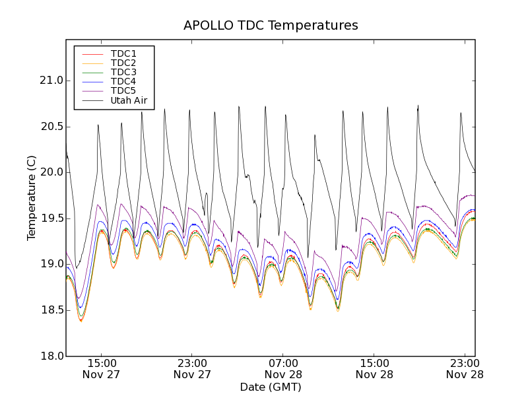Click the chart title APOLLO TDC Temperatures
271,26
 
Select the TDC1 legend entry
123,53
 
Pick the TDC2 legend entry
123,63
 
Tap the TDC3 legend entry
123,72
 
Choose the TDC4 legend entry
123,81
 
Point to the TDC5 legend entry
123,90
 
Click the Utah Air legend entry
129,100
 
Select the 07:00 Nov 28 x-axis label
284,368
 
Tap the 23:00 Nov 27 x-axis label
193,368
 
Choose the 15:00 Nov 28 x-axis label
375,368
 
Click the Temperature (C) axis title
32,198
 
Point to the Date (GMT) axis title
271,387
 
